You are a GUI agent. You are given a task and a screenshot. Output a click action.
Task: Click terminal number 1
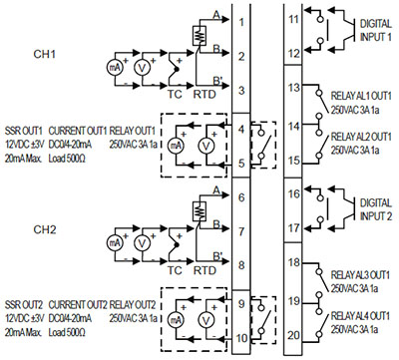pos(241,22)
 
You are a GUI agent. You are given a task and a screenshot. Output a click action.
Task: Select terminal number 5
pos(241,164)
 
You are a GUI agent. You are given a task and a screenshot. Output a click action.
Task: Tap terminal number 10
pos(241,338)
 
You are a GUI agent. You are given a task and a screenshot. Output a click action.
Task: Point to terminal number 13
pos(293,88)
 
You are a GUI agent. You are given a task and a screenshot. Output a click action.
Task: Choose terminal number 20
pos(293,336)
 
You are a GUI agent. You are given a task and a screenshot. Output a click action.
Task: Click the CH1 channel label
pos(44,54)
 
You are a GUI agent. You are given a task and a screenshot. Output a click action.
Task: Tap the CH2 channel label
pos(44,229)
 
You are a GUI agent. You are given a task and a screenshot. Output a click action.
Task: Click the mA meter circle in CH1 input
pos(115,68)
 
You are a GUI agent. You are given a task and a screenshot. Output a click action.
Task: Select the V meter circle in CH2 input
pos(142,243)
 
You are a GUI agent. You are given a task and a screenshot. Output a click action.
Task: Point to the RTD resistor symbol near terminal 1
pos(199,36)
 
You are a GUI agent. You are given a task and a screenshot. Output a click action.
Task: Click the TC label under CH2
pos(175,270)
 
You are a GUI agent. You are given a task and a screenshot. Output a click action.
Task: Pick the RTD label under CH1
pos(204,95)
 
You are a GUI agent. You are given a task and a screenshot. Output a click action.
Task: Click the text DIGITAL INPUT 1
pos(376,30)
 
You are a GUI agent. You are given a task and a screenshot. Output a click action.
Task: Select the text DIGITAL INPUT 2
pos(376,209)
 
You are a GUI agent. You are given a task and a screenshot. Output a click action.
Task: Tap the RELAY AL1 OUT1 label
pos(361,96)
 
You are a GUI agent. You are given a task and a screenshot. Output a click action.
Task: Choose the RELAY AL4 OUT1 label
pos(360,316)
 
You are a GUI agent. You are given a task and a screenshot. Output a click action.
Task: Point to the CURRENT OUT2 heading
pos(78,305)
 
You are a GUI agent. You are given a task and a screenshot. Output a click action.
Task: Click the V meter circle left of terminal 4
pos(206,146)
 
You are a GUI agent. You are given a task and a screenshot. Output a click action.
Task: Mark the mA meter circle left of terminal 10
pos(176,320)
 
